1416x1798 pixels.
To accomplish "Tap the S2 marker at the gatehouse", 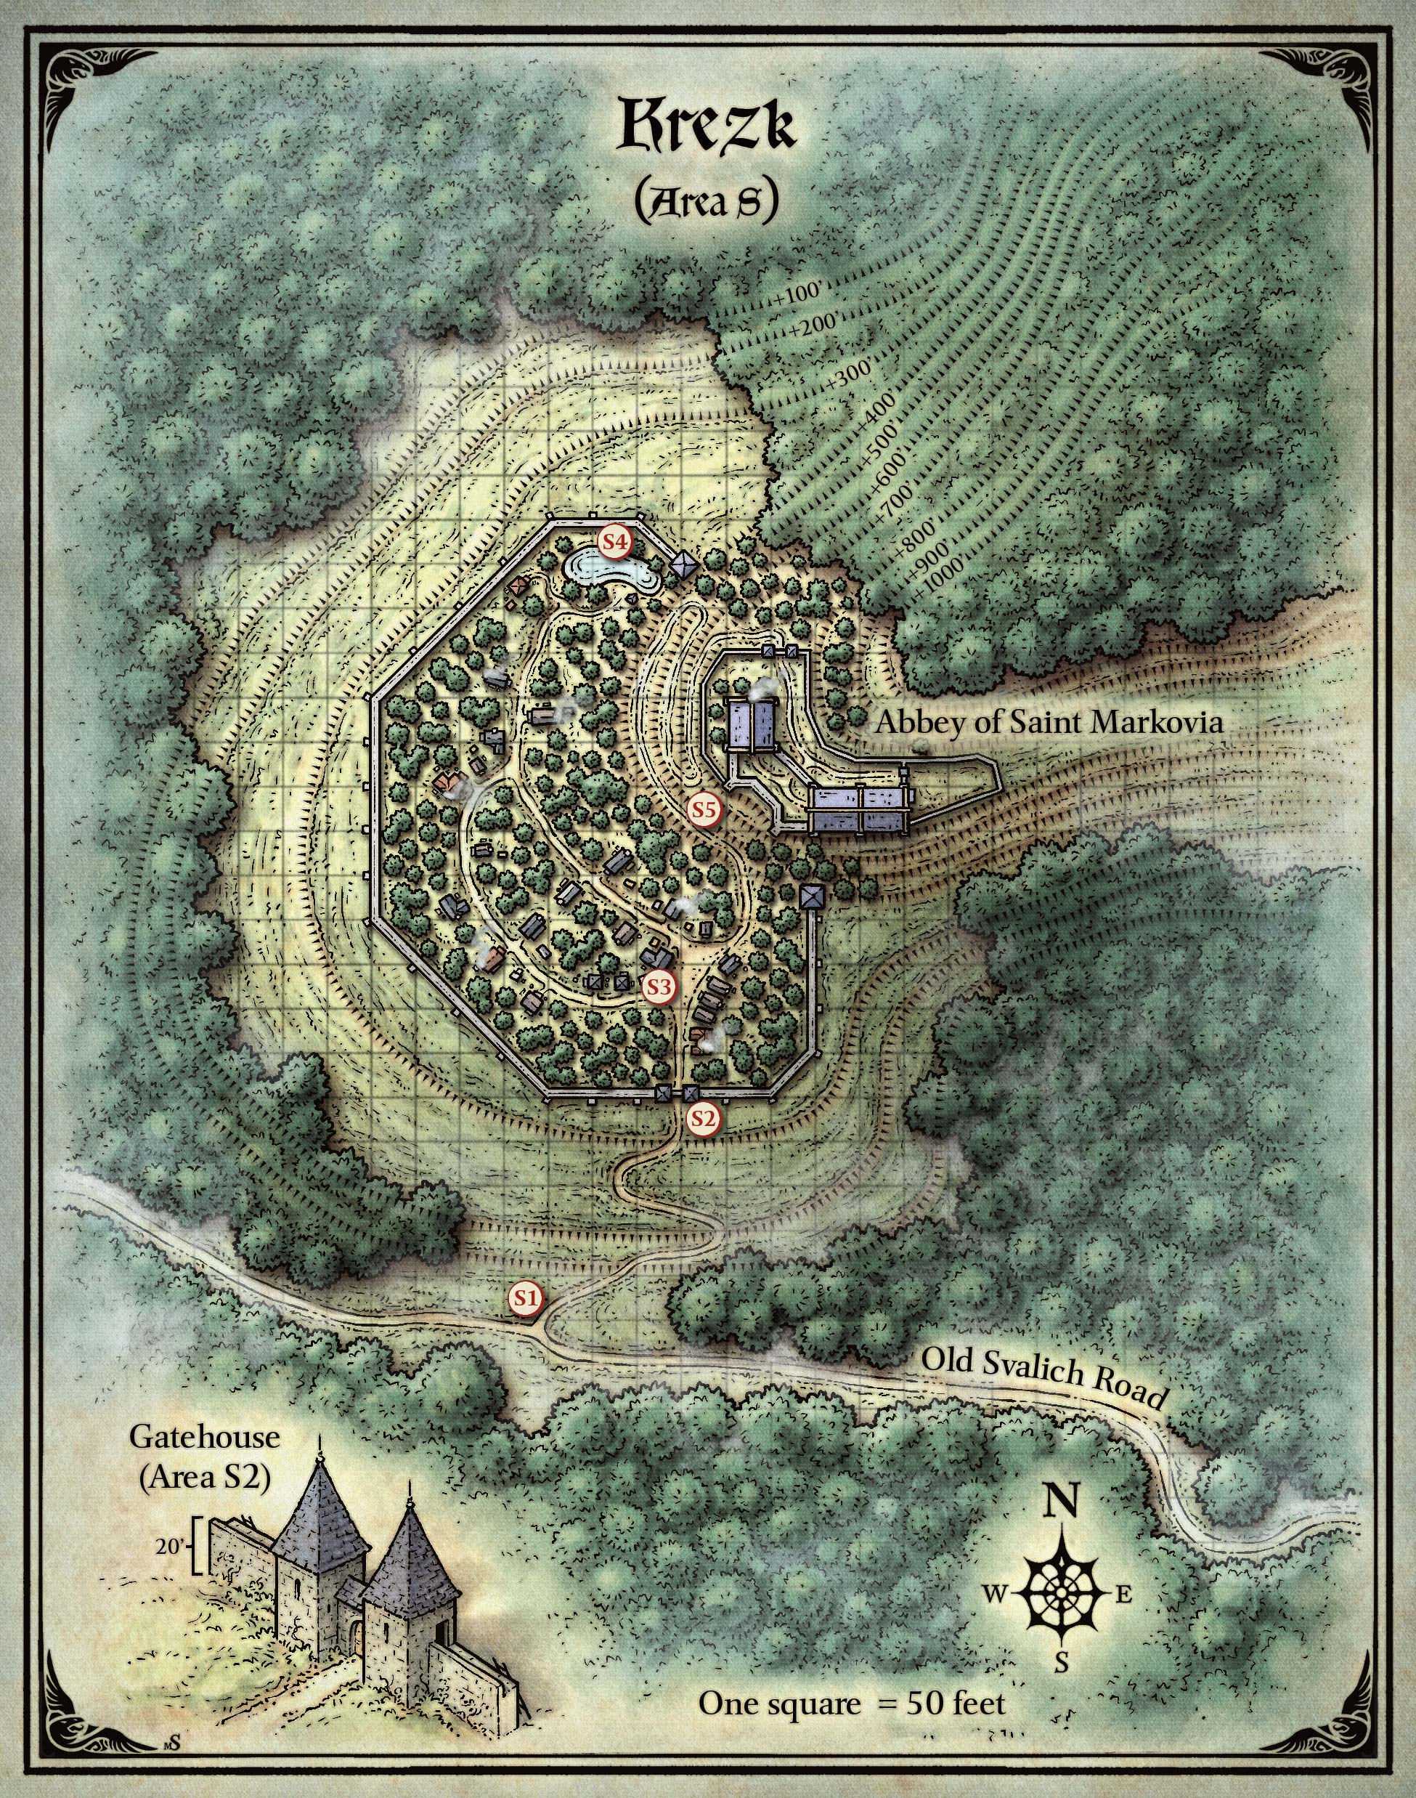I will click(703, 1119).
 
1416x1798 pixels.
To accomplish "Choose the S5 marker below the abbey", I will click(704, 809).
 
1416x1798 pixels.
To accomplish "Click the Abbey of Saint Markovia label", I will click(1049, 722).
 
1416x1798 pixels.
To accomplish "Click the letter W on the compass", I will click(996, 1593).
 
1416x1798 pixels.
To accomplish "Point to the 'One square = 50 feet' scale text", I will click(852, 1704).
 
